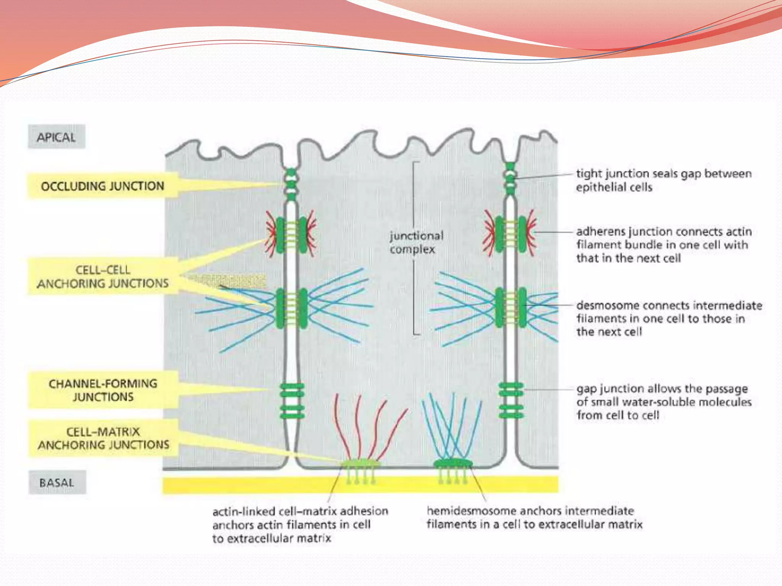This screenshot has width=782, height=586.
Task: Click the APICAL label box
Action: tap(56, 137)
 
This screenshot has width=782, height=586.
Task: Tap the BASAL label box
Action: tap(57, 482)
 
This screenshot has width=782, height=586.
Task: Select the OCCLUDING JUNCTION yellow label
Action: tap(102, 186)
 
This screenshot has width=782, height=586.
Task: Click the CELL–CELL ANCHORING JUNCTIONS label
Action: tap(103, 277)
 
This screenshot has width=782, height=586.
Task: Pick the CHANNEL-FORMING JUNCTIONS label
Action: tap(103, 390)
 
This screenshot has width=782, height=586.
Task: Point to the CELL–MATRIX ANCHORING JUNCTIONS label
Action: tap(103, 438)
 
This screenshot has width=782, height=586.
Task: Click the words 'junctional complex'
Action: tap(416, 242)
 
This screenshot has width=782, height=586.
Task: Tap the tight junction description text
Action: tap(664, 180)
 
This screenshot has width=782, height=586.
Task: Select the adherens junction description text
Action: tap(664, 245)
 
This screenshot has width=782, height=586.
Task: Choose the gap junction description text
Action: tap(664, 402)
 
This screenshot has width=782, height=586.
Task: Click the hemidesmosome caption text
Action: tap(534, 517)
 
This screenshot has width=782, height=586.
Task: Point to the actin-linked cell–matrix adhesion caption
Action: tap(300, 524)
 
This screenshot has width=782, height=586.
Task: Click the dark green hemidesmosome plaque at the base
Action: tap(453, 464)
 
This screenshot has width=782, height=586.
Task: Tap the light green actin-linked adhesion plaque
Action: tap(360, 464)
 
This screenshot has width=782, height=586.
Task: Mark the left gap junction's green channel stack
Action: tap(292, 401)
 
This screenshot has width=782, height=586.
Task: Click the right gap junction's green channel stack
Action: tap(511, 400)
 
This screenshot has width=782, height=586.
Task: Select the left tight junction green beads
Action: tap(291, 184)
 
